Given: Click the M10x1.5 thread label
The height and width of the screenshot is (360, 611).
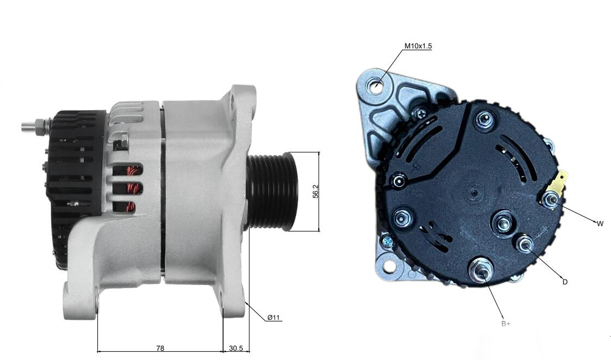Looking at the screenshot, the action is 418,46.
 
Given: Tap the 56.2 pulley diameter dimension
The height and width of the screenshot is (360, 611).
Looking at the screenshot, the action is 316,191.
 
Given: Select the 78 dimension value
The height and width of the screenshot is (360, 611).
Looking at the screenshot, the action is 160,349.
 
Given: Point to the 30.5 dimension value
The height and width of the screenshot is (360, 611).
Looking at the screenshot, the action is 236,349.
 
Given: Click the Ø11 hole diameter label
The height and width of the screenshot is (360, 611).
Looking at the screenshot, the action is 274,318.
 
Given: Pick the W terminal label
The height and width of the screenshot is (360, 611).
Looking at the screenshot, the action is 600,224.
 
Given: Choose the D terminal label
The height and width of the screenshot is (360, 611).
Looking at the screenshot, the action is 565,282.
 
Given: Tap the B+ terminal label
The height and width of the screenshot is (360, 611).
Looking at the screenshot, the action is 506,324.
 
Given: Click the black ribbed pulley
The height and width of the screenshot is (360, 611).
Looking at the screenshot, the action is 272,191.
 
